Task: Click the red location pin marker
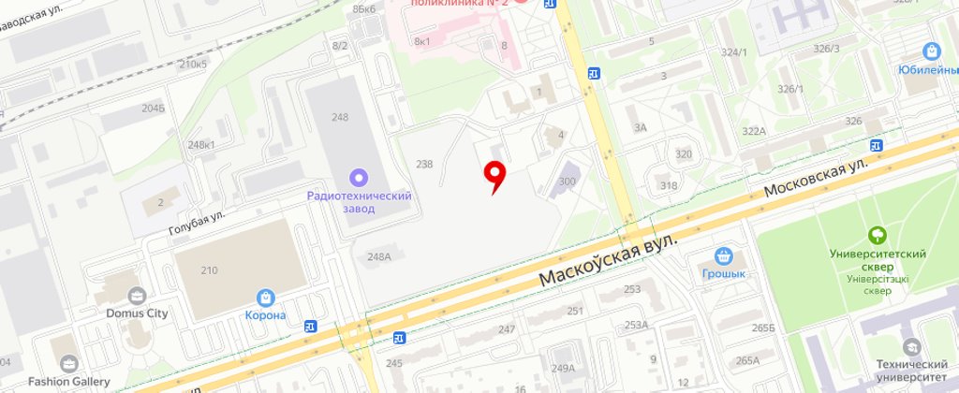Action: point(494,173)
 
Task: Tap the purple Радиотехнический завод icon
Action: point(358,177)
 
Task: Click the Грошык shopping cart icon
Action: point(723,255)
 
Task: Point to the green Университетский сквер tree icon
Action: point(878,235)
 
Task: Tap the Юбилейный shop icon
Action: point(931,51)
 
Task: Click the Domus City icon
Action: point(137,296)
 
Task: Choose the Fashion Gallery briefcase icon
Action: point(68,363)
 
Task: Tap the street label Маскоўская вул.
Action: point(608,263)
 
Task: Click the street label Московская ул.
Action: point(816,177)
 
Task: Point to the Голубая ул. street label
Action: point(198,223)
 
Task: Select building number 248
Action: point(339,117)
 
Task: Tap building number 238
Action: point(424,165)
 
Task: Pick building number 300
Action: point(568,182)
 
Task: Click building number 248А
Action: point(379,256)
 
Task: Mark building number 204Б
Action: point(154,108)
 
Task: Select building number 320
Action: point(684,154)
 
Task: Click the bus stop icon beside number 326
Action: point(877,144)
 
